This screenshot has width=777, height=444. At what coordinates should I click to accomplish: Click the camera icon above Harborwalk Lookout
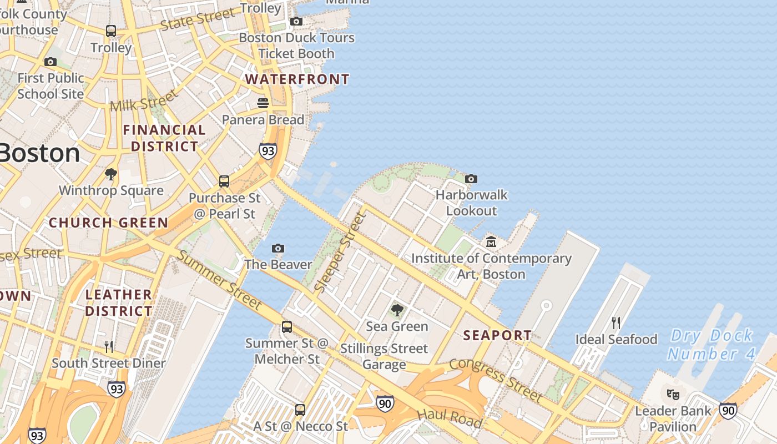click(471, 179)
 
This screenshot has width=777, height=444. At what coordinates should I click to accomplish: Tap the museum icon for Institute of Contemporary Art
click(491, 242)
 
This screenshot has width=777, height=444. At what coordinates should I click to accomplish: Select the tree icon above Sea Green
click(397, 310)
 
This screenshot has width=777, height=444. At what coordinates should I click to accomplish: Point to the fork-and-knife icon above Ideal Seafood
click(615, 323)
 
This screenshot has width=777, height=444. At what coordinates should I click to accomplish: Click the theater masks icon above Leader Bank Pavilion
click(673, 395)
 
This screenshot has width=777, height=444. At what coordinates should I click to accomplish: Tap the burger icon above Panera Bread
click(263, 103)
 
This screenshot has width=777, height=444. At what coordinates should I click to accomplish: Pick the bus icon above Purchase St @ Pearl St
click(224, 181)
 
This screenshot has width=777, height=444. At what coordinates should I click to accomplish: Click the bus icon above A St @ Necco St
click(300, 410)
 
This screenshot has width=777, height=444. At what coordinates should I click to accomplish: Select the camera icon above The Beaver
click(278, 248)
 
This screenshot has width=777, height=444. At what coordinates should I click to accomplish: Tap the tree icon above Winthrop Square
click(111, 174)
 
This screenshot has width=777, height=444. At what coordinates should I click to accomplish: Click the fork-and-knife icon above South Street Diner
click(109, 347)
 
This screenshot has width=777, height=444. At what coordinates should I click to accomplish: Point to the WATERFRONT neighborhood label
click(297, 79)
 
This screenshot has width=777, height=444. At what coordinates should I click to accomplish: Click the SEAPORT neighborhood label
click(497, 335)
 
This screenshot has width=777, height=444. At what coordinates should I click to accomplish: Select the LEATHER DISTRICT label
click(119, 302)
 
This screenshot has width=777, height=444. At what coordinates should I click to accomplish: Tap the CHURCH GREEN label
click(108, 223)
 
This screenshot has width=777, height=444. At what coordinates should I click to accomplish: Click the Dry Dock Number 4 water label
click(712, 344)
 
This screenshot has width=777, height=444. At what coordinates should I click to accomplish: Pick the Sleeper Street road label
click(340, 253)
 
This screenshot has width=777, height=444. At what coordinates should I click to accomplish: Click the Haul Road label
click(449, 417)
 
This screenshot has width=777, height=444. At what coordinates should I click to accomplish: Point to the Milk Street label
click(144, 100)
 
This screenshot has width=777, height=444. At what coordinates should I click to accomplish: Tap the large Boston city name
click(39, 153)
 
